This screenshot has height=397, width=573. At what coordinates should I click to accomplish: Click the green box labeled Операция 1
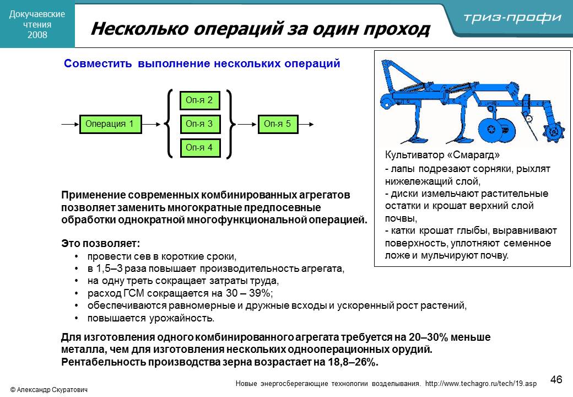(110, 124)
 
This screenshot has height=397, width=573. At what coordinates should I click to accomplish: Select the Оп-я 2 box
(199, 100)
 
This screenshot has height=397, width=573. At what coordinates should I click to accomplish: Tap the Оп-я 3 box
(199, 124)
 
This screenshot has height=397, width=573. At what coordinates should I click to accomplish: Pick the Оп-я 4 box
(200, 148)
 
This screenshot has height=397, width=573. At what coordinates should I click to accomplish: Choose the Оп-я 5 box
(278, 124)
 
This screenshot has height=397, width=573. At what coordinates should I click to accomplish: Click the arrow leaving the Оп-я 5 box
(306, 124)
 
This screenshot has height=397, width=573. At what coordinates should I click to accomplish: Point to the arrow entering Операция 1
(70, 124)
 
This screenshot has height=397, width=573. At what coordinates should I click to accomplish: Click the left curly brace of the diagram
(169, 124)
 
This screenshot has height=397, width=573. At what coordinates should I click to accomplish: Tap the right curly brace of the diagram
(230, 124)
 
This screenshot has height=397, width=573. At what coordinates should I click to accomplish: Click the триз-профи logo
(512, 17)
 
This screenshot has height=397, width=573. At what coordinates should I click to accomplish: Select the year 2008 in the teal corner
(37, 35)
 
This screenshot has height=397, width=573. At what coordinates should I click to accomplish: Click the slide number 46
(556, 379)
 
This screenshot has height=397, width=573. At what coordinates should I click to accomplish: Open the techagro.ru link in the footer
(481, 383)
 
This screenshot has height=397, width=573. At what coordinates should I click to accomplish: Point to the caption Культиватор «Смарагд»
(442, 155)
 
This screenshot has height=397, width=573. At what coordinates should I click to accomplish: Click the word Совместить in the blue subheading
(98, 63)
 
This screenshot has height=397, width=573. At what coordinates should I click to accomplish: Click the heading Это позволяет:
(100, 244)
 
